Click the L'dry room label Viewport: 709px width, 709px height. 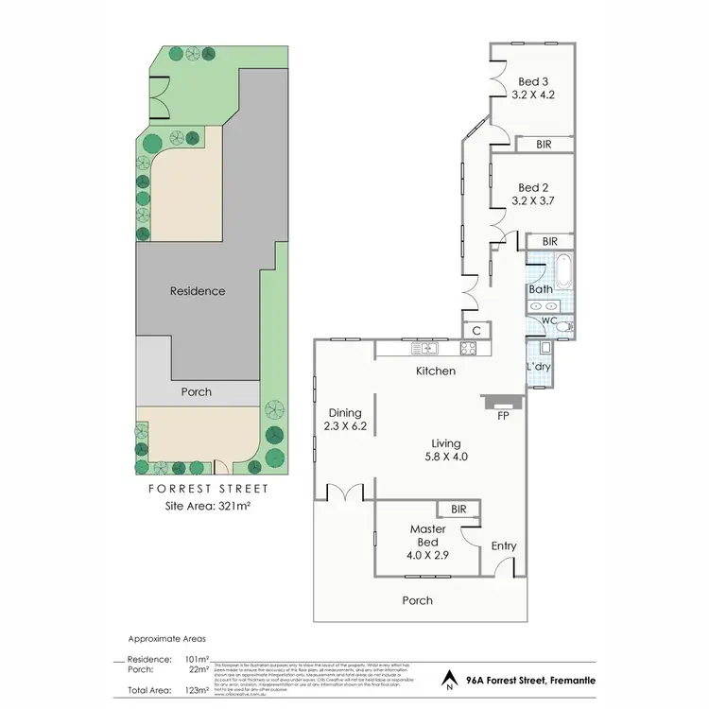tap(538, 366)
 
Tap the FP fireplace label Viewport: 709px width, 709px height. tap(502, 414)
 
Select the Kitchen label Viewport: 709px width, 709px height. tap(436, 372)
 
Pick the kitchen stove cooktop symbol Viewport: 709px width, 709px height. tap(466, 347)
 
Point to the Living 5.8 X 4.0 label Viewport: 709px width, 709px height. tap(445, 450)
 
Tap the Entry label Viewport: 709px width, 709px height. tap(504, 546)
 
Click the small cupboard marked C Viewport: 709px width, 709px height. tap(477, 330)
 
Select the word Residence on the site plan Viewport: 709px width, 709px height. tap(198, 291)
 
